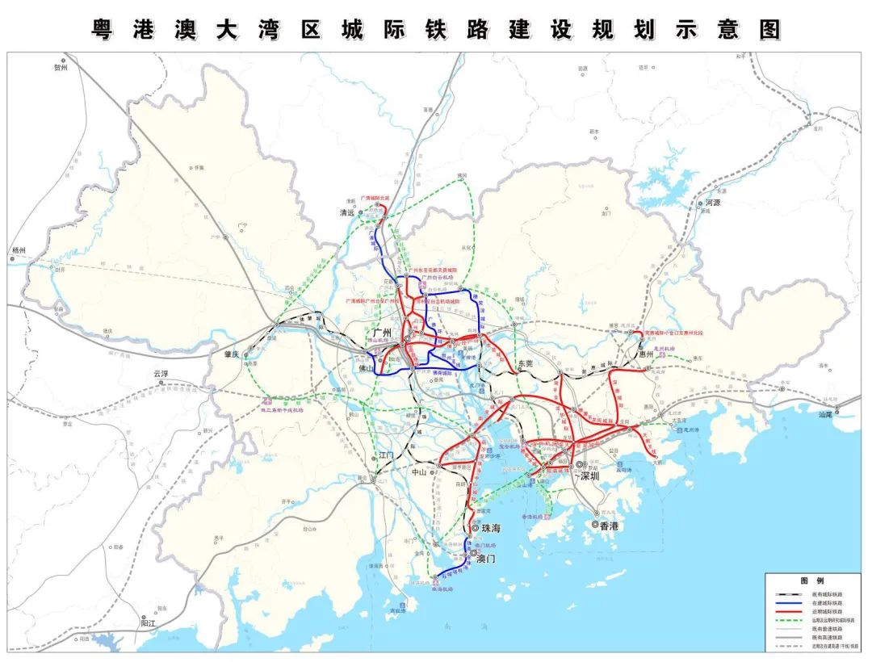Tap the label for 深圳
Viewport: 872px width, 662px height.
coord(590,476)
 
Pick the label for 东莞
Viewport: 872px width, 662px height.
coord(526,364)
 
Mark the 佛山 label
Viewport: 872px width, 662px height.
coord(367,368)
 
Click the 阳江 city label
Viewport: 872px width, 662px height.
coord(149,623)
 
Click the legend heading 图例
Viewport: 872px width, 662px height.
coord(811,581)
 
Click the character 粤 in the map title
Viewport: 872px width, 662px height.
coord(102,29)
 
